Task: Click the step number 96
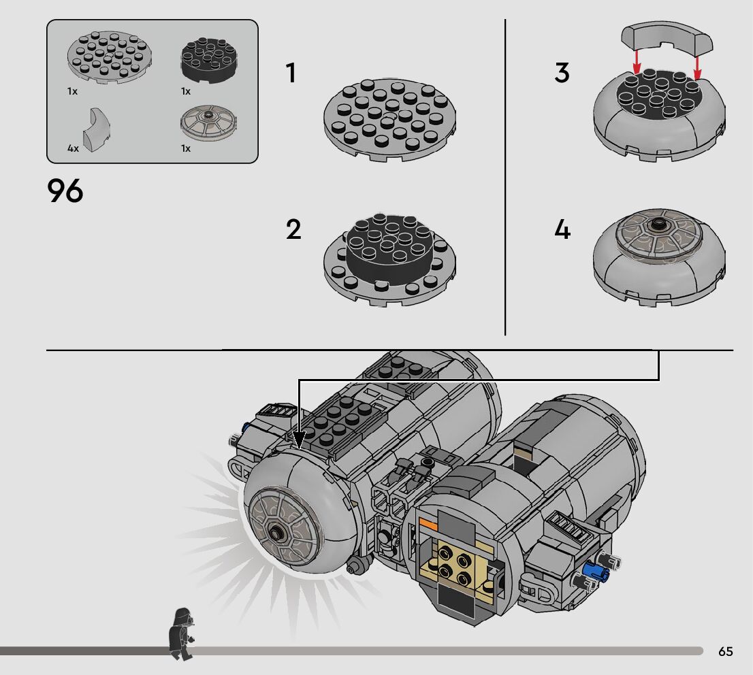point(65,191)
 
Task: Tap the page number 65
point(725,651)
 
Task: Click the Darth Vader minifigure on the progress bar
point(181,633)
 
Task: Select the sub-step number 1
point(291,73)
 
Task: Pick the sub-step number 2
point(293,230)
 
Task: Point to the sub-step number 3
point(562,73)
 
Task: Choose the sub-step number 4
point(562,230)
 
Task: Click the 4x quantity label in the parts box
point(73,148)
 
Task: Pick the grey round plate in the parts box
point(109,58)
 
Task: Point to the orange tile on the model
point(428,523)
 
